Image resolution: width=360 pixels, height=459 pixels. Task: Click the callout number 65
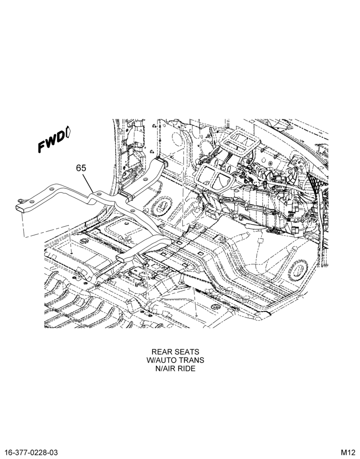pyautogui.click(x=81, y=168)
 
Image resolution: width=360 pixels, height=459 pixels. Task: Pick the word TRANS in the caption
pyautogui.click(x=191, y=360)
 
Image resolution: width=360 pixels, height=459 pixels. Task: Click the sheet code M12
pyautogui.click(x=348, y=453)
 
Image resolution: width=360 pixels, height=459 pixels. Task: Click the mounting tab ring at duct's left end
pyautogui.click(x=21, y=200)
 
